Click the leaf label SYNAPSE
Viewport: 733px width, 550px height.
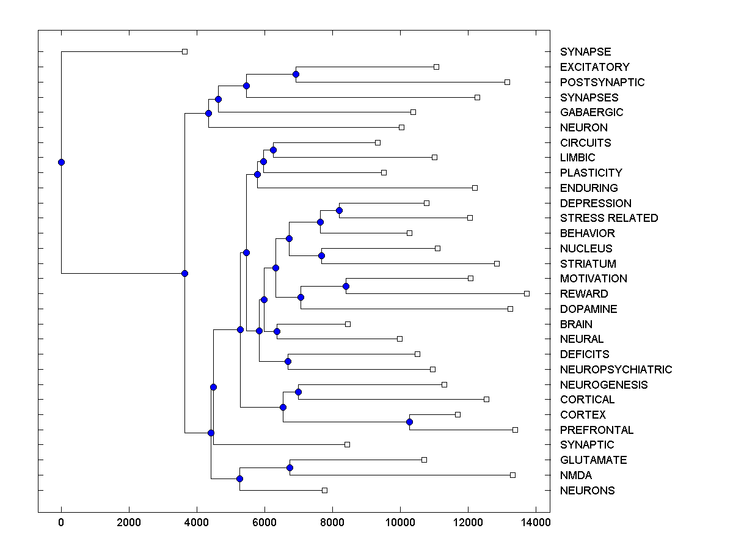pos(585,52)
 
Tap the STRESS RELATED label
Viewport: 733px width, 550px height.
pos(609,218)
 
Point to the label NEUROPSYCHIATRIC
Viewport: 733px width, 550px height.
pos(616,369)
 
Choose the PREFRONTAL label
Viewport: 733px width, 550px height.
pos(597,430)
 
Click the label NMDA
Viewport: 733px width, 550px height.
pos(576,475)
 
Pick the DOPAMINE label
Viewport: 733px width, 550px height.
pos(588,309)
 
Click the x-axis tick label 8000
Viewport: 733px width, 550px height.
pos(332,522)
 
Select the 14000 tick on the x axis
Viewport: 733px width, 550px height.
pos(536,522)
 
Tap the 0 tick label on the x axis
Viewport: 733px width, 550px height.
pos(61,522)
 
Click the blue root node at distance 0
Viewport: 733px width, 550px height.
pos(61,162)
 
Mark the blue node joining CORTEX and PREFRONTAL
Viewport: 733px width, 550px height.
pos(409,422)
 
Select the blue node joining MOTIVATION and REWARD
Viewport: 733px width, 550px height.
pos(346,286)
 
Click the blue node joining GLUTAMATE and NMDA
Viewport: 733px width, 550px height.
pos(290,468)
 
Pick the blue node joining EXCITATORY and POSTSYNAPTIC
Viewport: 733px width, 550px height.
pos(296,74)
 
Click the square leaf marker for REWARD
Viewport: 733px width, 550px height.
pos(527,293)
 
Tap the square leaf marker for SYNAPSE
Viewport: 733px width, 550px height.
pos(184,52)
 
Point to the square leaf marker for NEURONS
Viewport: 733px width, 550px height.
pos(324,490)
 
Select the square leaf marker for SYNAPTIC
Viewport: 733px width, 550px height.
pos(347,444)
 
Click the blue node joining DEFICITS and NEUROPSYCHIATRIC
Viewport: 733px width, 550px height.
pos(288,361)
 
